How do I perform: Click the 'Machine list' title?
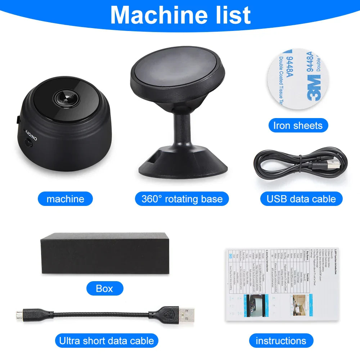[180, 15]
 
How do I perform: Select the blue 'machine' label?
[65, 199]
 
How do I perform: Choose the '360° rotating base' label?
[182, 199]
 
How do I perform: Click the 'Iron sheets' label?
[298, 125]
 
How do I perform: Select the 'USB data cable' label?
[301, 199]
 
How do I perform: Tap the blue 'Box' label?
[104, 288]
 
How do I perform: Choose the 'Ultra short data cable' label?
[106, 341]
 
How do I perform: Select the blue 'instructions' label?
[281, 341]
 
